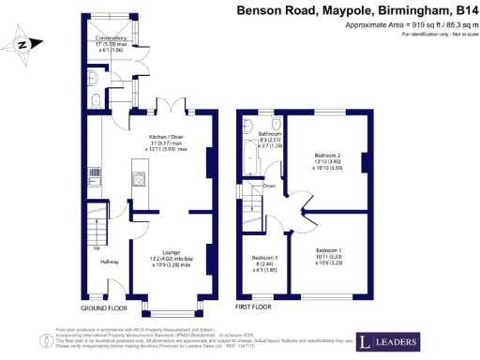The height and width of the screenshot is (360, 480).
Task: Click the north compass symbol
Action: (23, 42)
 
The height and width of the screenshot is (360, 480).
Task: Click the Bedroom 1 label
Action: (328, 251)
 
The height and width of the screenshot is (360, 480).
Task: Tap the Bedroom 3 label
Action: (263, 258)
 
